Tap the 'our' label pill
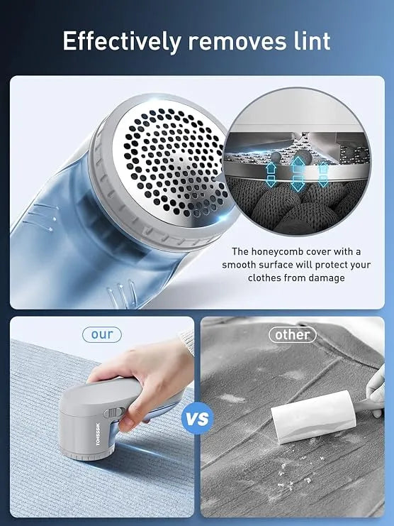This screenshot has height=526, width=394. pyautogui.click(x=101, y=334)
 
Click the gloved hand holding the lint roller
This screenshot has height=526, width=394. pyautogui.click(x=376, y=383)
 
